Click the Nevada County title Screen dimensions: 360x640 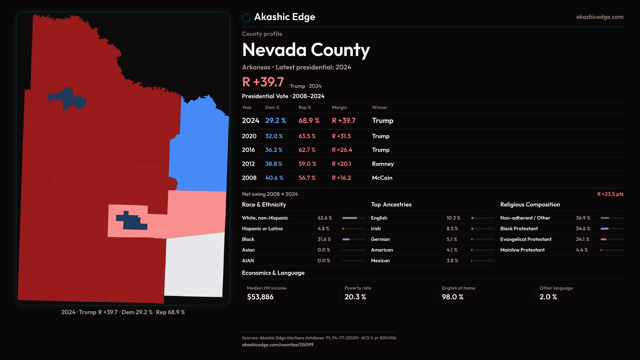click(306, 50)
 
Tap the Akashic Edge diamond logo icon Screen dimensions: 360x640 click(246, 18)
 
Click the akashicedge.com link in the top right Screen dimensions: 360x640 click(599, 17)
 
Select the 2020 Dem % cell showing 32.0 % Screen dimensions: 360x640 click(274, 136)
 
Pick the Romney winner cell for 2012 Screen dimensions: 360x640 click(383, 164)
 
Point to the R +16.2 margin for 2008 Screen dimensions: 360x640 click(341, 178)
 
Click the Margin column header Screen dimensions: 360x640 click(339, 107)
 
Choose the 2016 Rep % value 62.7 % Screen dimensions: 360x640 click(307, 150)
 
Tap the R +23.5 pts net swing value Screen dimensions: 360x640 click(610, 194)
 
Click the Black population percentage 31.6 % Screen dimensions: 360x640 click(324, 239)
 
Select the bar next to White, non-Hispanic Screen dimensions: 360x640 click(353, 218)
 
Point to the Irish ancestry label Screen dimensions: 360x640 click(376, 229)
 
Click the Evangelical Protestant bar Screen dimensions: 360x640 click(612, 239)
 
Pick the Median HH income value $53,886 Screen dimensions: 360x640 click(260, 297)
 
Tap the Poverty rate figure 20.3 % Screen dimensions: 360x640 click(355, 297)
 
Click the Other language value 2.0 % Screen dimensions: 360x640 click(548, 297)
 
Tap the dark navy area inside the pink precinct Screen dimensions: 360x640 click(132, 222)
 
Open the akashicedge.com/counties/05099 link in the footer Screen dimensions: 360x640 click(278, 345)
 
